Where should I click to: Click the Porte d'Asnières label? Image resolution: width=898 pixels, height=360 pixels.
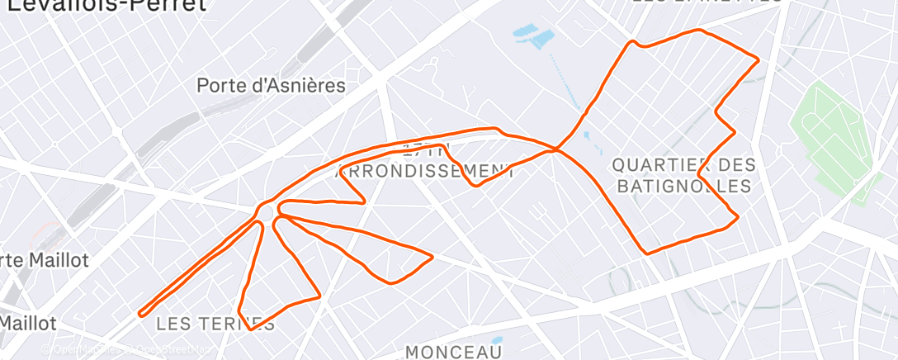pos(271,85)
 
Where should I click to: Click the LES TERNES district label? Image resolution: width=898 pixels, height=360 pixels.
pos(215,323)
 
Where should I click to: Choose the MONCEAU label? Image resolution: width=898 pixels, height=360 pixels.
pos(454,353)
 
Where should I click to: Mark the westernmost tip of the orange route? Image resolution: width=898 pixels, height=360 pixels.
pos(140,313)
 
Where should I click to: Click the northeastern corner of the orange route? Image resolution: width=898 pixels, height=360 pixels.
pos(757,59)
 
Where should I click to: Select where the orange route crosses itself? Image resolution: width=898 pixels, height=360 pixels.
pos(557,149)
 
